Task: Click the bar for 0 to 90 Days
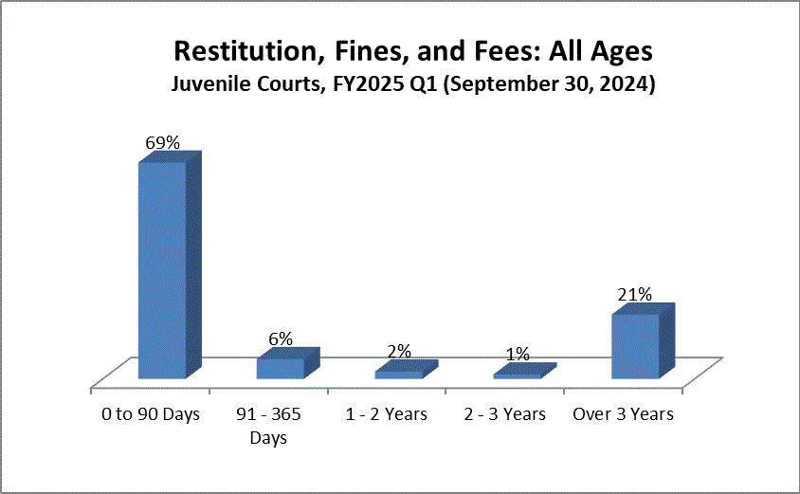coord(163,270)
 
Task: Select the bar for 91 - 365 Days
coord(281,368)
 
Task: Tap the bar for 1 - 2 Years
coord(399,375)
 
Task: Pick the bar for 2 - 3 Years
coord(518,376)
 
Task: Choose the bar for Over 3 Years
coord(635,346)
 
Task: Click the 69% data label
coord(162,143)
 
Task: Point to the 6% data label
coord(281,338)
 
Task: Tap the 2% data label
coord(399,351)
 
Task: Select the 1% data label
coord(518,355)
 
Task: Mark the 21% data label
coord(635,295)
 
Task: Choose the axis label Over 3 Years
coord(624,414)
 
